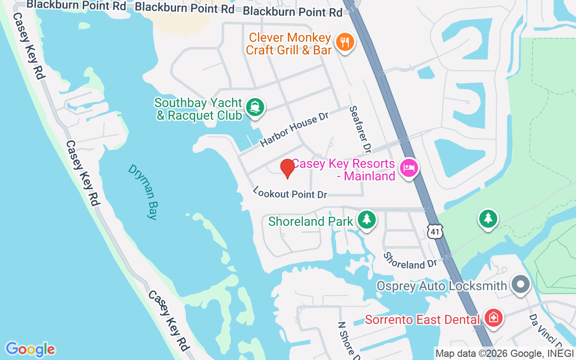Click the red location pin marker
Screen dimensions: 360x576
click(287, 168)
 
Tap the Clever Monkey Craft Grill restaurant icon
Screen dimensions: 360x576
click(345, 42)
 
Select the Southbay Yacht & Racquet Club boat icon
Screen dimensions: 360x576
click(256, 108)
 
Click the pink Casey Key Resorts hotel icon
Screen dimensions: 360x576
click(409, 168)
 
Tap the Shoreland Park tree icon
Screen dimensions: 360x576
click(367, 220)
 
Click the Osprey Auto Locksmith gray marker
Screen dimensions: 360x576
click(521, 284)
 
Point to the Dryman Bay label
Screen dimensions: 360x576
click(143, 192)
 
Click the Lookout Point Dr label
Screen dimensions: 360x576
click(290, 193)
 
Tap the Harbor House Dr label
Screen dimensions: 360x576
click(295, 129)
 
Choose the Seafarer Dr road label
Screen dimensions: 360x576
click(360, 129)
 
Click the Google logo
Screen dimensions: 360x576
click(30, 349)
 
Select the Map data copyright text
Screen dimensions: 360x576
click(504, 354)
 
